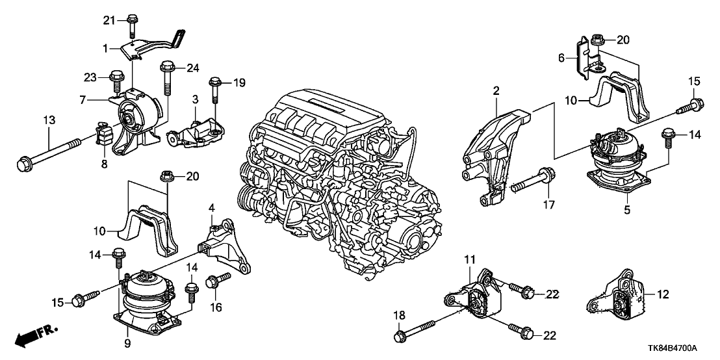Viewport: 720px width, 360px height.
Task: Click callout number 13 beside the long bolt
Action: [x=49, y=120]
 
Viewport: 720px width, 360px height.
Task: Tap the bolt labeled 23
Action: [x=118, y=82]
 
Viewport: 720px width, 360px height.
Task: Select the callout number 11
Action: [x=469, y=261]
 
